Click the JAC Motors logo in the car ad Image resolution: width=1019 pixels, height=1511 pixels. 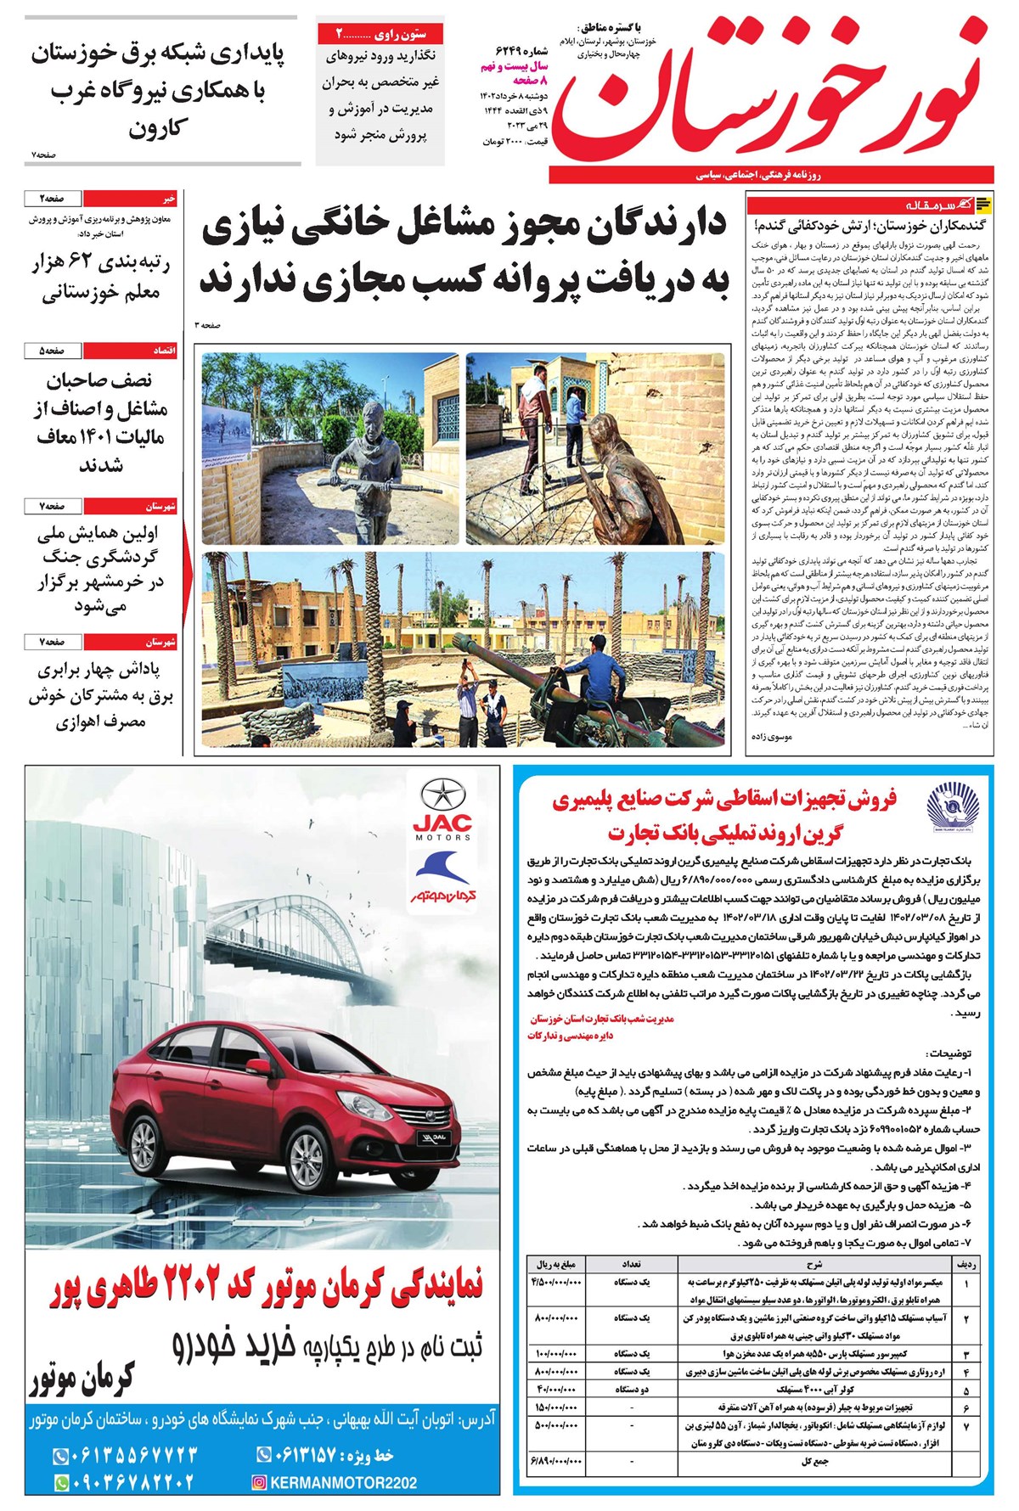click(x=442, y=810)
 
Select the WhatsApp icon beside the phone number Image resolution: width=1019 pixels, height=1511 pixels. click(x=61, y=1483)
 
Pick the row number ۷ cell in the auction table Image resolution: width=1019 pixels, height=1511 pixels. click(x=966, y=1426)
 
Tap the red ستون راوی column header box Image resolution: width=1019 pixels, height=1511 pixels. click(x=380, y=34)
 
